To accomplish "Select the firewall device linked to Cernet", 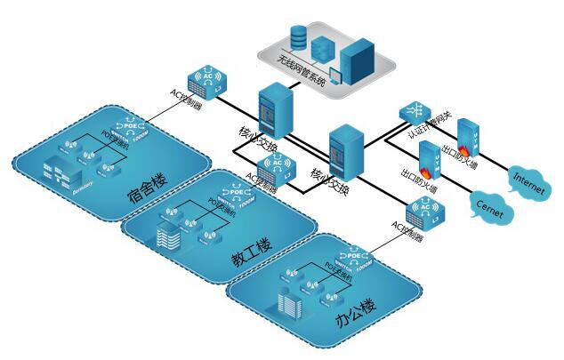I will coord(429,157).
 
